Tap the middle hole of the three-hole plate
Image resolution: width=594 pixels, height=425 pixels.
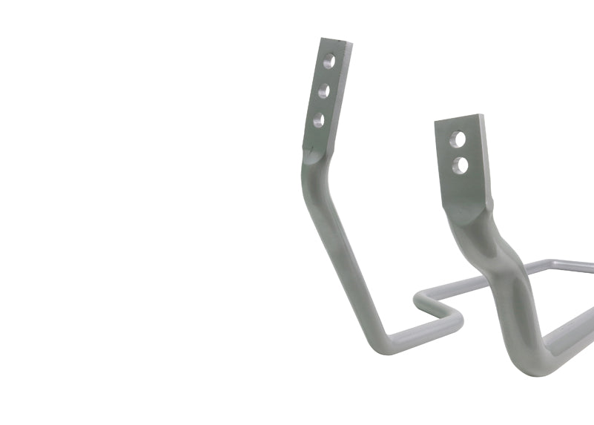click(323, 91)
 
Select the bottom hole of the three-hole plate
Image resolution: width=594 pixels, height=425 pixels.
click(318, 119)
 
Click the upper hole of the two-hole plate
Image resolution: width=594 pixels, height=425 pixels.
click(458, 140)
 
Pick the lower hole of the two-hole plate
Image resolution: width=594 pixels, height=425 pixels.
click(461, 165)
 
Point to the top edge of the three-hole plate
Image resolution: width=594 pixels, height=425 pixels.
click(336, 41)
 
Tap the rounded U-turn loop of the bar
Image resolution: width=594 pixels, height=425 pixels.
click(454, 319)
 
